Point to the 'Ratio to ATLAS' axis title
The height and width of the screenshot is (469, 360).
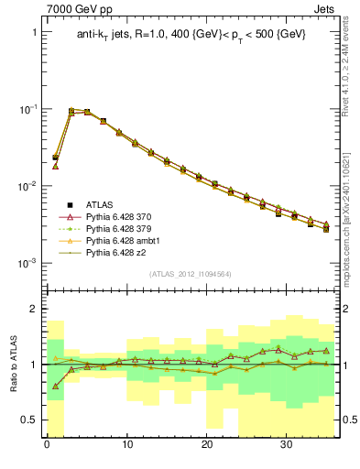(12, 365)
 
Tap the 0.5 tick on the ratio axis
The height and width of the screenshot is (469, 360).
(29, 420)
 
